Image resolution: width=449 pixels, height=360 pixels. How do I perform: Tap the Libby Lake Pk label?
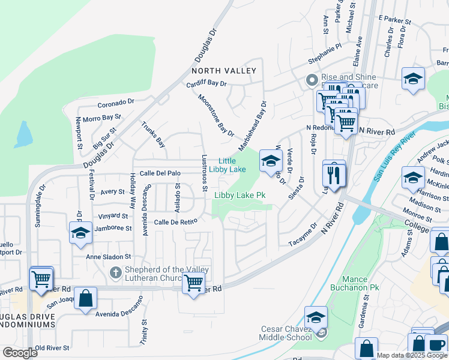point(240,195)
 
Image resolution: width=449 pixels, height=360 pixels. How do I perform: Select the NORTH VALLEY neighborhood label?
point(223,71)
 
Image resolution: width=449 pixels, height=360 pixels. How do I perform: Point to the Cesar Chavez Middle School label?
point(286,333)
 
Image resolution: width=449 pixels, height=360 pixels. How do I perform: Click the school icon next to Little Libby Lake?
point(271,160)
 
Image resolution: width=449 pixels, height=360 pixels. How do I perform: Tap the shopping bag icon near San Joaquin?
point(85,298)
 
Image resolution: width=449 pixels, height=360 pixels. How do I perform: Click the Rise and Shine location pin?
point(311,80)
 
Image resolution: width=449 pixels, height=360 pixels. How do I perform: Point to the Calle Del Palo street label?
point(160,173)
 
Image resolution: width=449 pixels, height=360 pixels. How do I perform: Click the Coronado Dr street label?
point(116,103)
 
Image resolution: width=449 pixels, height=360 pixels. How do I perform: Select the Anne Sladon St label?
point(108,257)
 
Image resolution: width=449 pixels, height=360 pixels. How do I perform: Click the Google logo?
point(20,353)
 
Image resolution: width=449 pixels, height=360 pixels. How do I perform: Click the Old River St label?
point(52,347)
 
